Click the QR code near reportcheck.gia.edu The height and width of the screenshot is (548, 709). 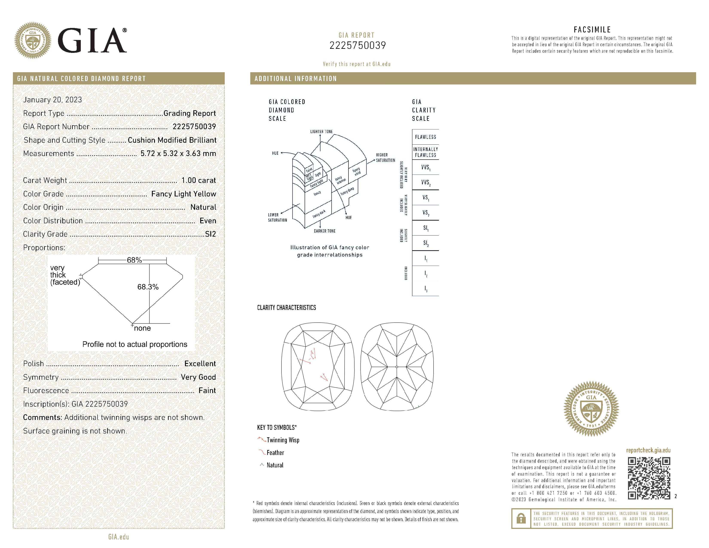649,478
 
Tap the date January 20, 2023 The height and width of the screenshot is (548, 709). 53,100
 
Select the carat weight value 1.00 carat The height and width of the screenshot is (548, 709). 198,180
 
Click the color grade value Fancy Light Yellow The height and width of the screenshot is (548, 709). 183,194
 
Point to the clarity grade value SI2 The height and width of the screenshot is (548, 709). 210,234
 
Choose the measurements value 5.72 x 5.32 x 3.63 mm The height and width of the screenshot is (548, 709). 178,154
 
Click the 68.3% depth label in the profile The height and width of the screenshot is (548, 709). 148,287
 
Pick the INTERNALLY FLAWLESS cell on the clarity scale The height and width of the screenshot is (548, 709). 425,152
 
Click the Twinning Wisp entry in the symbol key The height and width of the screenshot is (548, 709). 283,440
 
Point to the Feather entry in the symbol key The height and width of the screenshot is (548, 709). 275,453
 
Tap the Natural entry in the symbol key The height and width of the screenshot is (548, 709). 275,465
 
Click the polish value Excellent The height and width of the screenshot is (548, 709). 200,364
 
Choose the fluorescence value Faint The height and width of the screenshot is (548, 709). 207,390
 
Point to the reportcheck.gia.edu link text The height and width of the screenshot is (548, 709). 648,450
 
